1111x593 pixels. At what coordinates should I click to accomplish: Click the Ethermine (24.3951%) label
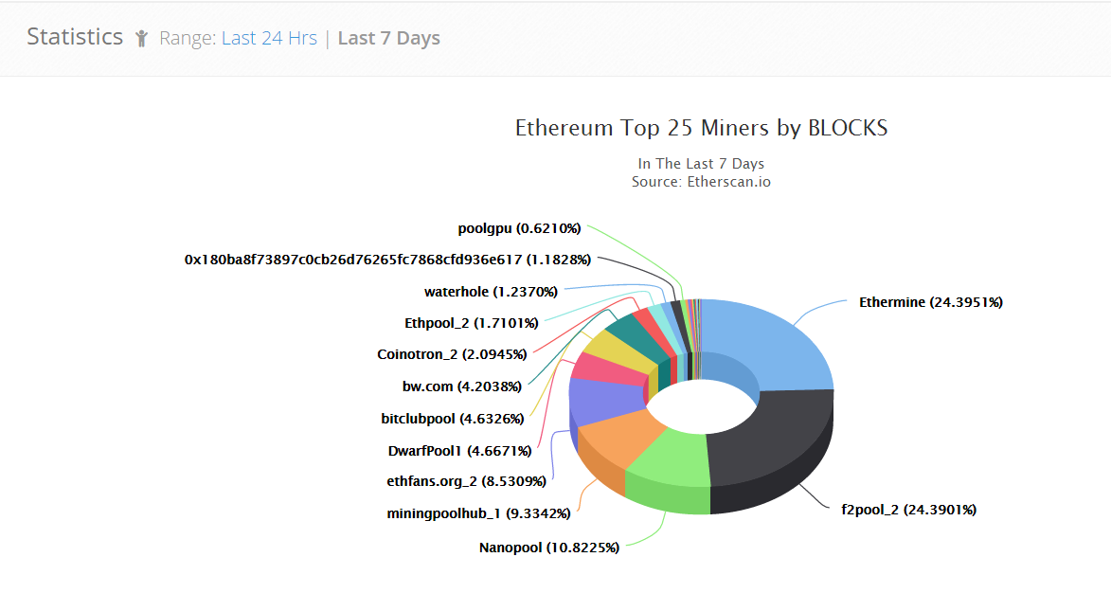pyautogui.click(x=930, y=302)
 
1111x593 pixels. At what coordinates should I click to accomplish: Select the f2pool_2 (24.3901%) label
pyautogui.click(x=908, y=510)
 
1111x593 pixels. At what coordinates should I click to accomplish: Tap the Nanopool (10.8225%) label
pyautogui.click(x=548, y=548)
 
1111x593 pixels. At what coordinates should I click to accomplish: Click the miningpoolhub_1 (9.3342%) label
pyautogui.click(x=478, y=513)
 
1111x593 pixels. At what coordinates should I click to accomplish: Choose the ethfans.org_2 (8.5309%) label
pyautogui.click(x=466, y=481)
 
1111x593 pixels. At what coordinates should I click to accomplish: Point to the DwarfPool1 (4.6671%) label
pyautogui.click(x=459, y=450)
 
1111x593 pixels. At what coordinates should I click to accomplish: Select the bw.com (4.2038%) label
pyautogui.click(x=462, y=386)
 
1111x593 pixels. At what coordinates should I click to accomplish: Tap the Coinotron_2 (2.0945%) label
pyautogui.click(x=457, y=354)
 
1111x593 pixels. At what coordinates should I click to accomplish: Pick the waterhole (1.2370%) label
pyautogui.click(x=491, y=292)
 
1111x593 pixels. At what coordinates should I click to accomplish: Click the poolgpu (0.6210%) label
pyautogui.click(x=519, y=228)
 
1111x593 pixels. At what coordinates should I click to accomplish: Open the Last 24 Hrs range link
pyautogui.click(x=269, y=38)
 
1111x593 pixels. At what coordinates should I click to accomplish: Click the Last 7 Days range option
pyautogui.click(x=388, y=38)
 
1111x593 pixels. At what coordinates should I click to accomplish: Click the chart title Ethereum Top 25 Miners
pyautogui.click(x=701, y=128)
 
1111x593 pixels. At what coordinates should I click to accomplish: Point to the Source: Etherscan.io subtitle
pyautogui.click(x=701, y=181)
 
